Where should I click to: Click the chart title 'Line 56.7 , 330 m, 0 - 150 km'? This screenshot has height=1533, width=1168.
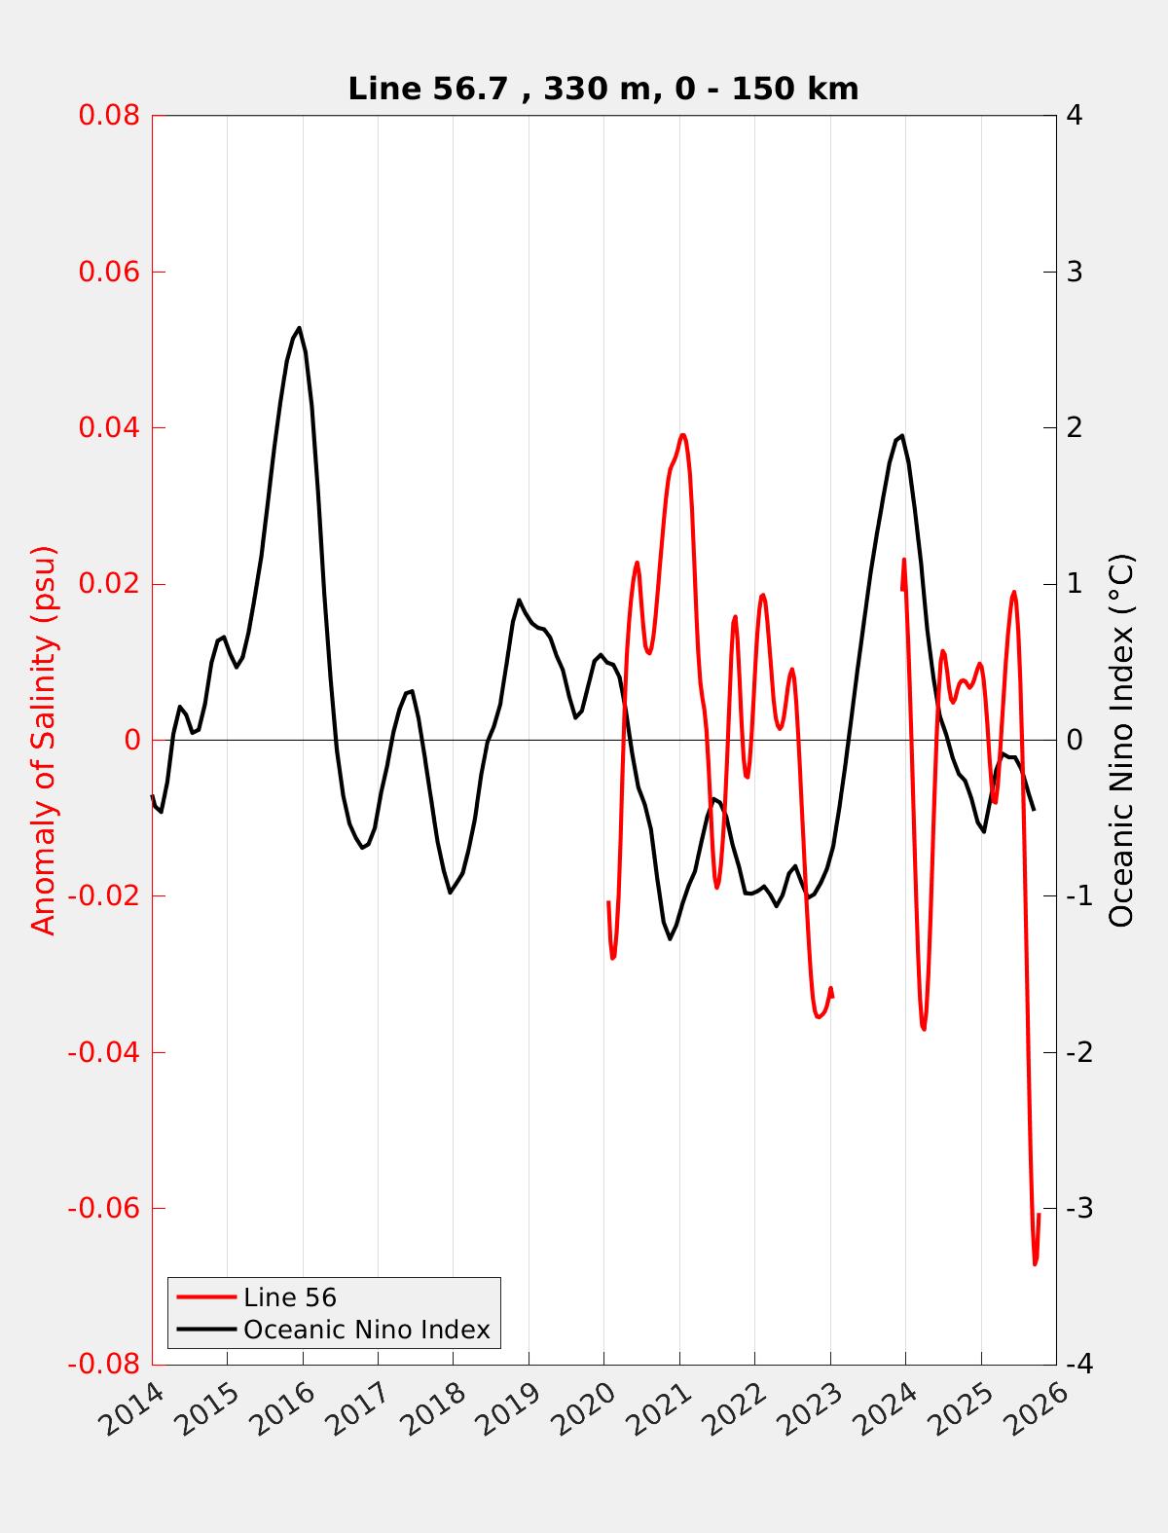pyautogui.click(x=602, y=89)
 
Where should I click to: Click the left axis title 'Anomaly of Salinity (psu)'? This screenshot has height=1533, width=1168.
pyautogui.click(x=44, y=740)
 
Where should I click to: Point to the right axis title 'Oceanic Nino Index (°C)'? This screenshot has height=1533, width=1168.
pyautogui.click(x=1121, y=740)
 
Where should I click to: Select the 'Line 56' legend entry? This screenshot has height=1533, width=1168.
pyautogui.click(x=289, y=1297)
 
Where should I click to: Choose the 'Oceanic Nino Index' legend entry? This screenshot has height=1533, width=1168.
pyautogui.click(x=366, y=1330)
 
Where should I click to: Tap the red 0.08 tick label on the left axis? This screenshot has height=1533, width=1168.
pyautogui.click(x=109, y=115)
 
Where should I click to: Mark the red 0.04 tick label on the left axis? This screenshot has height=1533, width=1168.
pyautogui.click(x=109, y=427)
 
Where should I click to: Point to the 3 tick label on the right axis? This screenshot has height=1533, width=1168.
pyautogui.click(x=1075, y=272)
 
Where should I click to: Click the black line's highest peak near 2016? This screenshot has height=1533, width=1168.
pyautogui.click(x=299, y=328)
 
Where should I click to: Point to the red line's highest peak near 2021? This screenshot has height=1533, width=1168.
pyautogui.click(x=682, y=435)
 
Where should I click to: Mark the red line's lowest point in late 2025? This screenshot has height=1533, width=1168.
pyautogui.click(x=1035, y=1263)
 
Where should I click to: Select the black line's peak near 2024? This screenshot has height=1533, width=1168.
pyautogui.click(x=902, y=436)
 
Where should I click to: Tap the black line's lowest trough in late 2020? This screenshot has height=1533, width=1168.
pyautogui.click(x=671, y=938)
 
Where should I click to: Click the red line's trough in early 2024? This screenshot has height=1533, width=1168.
pyautogui.click(x=923, y=1029)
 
